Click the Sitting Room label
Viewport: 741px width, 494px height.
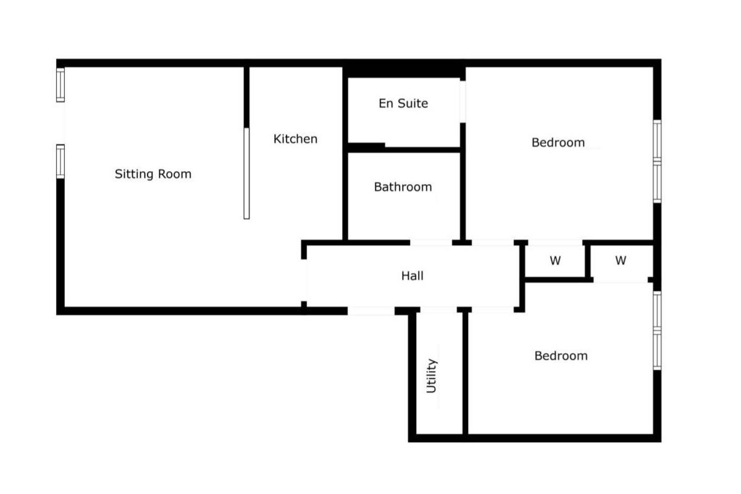153,174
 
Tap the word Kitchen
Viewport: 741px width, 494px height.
295,139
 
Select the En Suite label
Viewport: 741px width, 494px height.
403,103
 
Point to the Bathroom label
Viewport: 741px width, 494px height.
403,187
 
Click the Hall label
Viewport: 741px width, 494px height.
412,275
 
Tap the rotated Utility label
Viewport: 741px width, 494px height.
432,375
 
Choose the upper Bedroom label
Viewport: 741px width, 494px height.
558,143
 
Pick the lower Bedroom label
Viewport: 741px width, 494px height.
561,356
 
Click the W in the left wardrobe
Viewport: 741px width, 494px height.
555,261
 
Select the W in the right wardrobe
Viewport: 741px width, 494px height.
621,261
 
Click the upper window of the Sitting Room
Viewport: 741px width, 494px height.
61,85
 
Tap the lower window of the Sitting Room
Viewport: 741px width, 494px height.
61,161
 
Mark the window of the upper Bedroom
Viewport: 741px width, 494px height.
657,161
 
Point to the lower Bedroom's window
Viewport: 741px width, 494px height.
657,330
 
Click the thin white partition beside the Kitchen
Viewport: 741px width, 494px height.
246,174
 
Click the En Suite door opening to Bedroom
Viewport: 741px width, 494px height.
463,102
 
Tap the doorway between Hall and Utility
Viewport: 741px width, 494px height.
438,310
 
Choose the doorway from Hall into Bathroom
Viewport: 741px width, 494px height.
431,243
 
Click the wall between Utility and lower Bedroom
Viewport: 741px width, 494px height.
465,373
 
